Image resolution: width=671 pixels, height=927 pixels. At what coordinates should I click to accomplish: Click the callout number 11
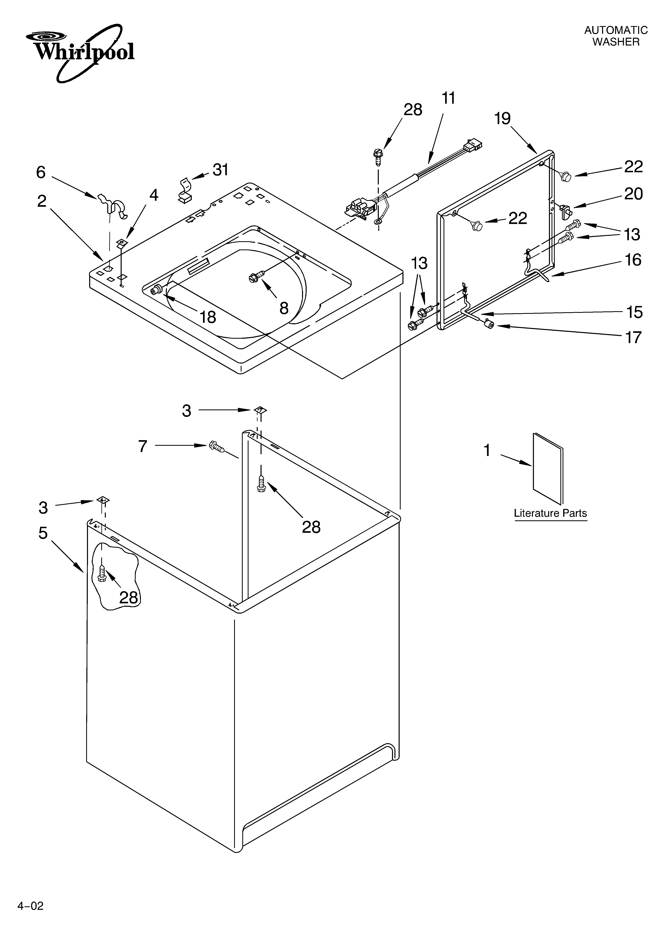point(448,98)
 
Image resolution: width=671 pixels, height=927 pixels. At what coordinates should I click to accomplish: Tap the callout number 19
point(502,119)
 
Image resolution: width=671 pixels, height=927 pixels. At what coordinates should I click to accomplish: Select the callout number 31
point(221,170)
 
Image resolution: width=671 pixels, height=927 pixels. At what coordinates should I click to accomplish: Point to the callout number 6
point(41,172)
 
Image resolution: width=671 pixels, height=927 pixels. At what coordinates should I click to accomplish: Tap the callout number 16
point(633,260)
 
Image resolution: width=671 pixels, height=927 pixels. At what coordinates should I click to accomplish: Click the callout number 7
point(142,446)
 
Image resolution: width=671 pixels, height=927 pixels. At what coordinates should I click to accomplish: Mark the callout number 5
point(43,533)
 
